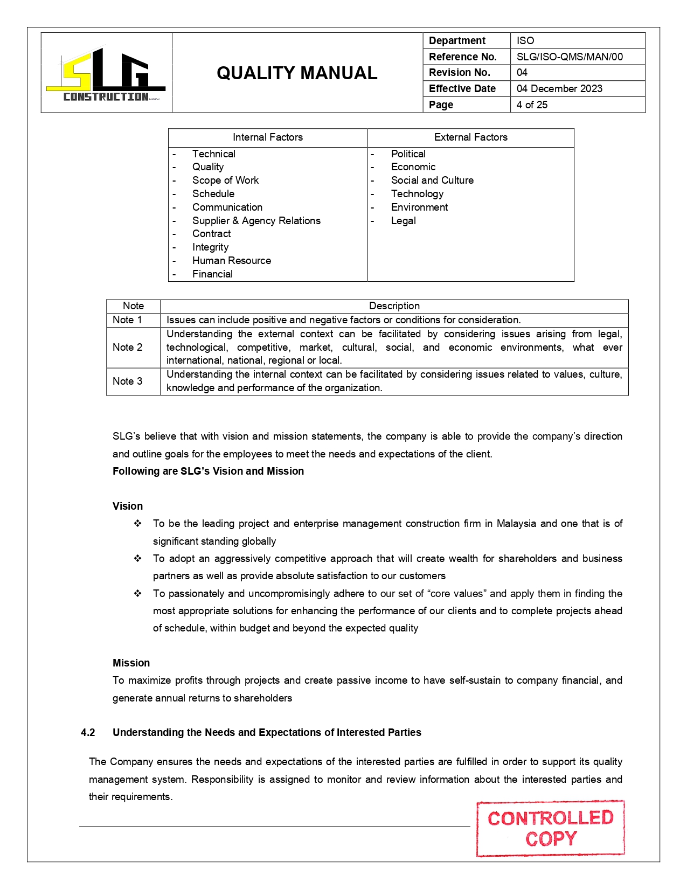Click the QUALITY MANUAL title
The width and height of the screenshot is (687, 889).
click(x=297, y=73)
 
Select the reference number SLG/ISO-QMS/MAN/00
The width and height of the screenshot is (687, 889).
click(x=569, y=57)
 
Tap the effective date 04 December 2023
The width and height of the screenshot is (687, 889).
click(x=559, y=88)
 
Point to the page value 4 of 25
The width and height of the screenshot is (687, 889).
click(x=532, y=105)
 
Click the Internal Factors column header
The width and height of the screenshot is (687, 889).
click(x=268, y=137)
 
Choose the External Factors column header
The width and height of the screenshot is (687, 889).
click(x=470, y=137)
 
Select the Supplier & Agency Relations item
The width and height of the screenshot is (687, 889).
click(x=256, y=220)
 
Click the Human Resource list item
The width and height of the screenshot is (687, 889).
click(x=231, y=260)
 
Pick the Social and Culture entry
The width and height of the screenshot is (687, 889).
click(x=432, y=180)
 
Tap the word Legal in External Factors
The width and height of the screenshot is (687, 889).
click(x=403, y=220)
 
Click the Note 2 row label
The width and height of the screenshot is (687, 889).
click(x=127, y=347)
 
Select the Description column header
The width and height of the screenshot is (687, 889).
click(x=394, y=306)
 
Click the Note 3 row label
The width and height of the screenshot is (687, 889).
click(x=127, y=381)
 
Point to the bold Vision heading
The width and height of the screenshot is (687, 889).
click(x=128, y=506)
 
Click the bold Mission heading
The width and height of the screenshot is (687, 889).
click(x=131, y=663)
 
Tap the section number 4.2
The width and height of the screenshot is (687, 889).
click(x=88, y=732)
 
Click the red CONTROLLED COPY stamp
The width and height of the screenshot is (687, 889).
click(x=550, y=828)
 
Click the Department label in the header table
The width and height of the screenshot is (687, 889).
click(x=457, y=40)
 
